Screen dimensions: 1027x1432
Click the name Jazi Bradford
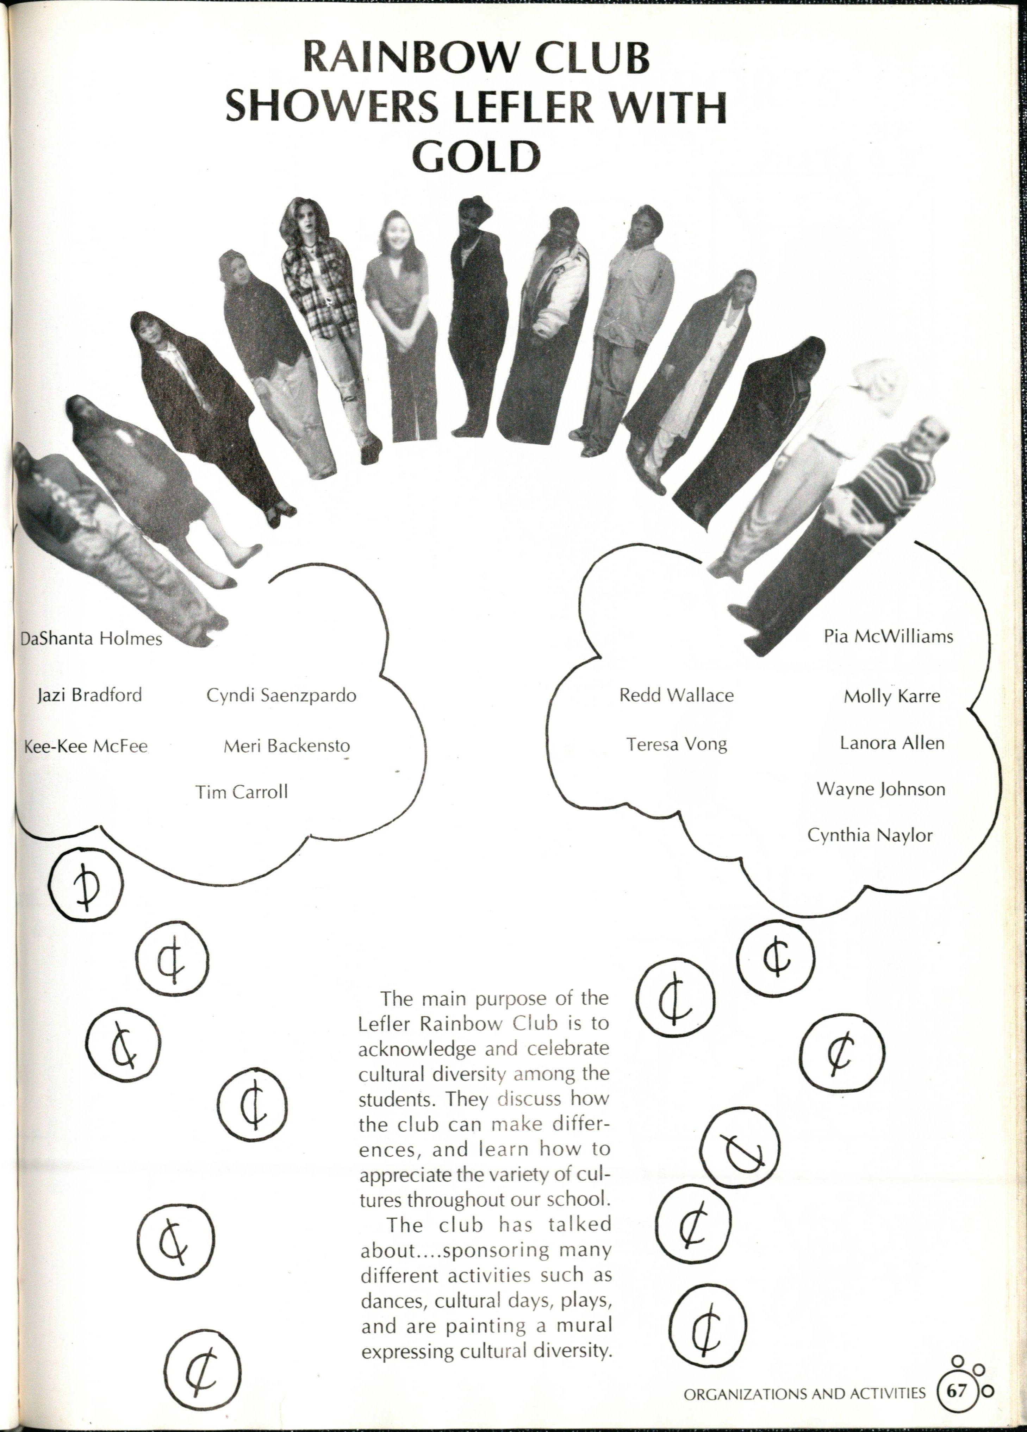pyautogui.click(x=90, y=695)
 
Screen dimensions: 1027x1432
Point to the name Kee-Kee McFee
pyautogui.click(x=86, y=746)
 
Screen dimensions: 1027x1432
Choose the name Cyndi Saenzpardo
pyautogui.click(x=281, y=695)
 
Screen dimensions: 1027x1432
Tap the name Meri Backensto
pyautogui.click(x=287, y=746)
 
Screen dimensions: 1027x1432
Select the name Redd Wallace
pyautogui.click(x=676, y=695)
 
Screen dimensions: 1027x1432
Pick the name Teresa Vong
pyautogui.click(x=677, y=745)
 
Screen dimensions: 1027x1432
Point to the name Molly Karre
pyautogui.click(x=891, y=696)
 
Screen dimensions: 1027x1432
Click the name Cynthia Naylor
pyautogui.click(x=870, y=835)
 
